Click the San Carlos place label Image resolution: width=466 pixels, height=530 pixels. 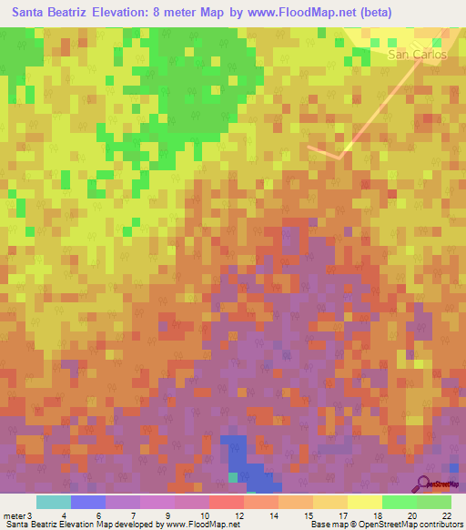click(418, 55)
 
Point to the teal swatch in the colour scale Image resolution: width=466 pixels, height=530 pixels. click(54, 502)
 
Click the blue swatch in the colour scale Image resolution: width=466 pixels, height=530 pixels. click(88, 502)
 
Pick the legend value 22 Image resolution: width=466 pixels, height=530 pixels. click(446, 515)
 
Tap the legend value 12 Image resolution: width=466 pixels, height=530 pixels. click(238, 515)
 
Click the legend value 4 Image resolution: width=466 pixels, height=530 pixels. click(63, 515)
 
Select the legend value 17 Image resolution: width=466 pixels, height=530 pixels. click(342, 515)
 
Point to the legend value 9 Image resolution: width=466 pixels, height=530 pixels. click(169, 515)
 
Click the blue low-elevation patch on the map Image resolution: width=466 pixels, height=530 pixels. click(238, 455)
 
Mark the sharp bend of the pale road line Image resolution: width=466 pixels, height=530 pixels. click(342, 155)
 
